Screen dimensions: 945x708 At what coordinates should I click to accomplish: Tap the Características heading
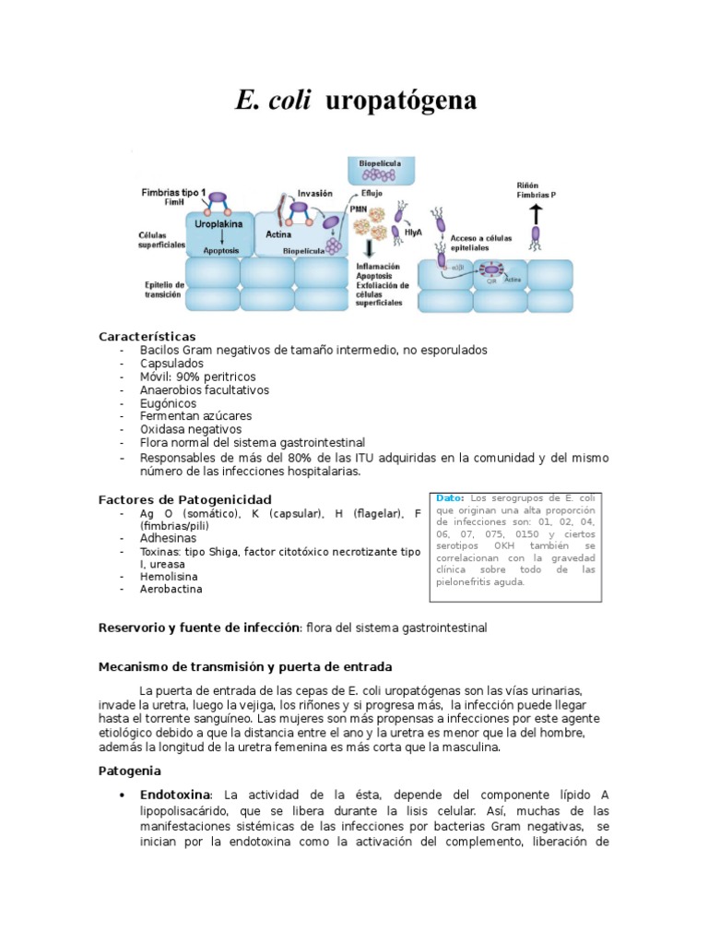point(147,336)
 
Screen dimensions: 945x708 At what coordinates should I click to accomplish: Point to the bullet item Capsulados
point(172,364)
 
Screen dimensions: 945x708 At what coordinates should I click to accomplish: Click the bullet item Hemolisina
point(171,576)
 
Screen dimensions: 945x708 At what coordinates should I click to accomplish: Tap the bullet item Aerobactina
point(171,589)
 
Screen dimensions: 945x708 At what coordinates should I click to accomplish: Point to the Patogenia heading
point(130,770)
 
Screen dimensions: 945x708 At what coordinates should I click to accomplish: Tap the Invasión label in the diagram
point(314,194)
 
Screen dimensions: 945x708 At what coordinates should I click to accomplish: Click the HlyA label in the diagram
point(414,233)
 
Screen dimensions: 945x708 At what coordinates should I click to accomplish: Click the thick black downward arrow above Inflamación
point(369,248)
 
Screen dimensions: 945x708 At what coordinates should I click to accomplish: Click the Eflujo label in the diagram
point(371,195)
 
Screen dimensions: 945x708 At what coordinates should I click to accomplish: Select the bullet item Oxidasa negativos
point(191,429)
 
